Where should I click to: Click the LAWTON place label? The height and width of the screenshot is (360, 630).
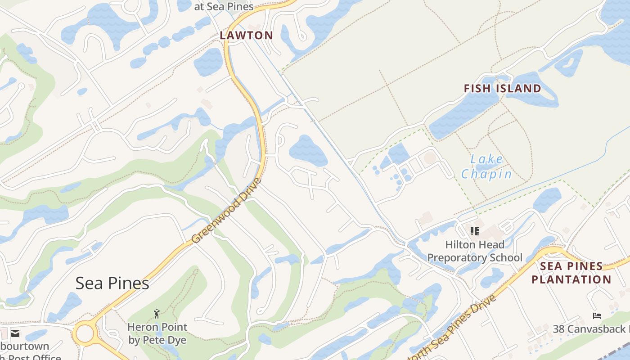[246, 36]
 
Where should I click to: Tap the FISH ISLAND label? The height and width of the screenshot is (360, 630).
[502, 88]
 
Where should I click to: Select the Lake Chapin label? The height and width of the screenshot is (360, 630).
[486, 166]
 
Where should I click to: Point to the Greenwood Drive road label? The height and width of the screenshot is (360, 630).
[226, 211]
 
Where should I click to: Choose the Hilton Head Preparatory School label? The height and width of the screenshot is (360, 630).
[475, 251]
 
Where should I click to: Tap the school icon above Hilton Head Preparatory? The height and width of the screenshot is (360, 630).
[474, 231]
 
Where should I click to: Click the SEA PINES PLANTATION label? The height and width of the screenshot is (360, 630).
[571, 273]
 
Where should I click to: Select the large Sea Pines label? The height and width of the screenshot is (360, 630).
[112, 283]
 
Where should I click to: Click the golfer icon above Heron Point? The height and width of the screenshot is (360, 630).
[157, 313]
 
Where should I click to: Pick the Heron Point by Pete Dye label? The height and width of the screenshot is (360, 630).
[157, 333]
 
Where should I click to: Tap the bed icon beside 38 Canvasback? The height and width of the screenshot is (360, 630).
[597, 316]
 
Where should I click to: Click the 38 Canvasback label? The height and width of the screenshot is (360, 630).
[591, 329]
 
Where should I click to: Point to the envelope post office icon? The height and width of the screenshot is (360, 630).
[15, 333]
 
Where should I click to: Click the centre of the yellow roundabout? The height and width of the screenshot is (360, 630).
[85, 334]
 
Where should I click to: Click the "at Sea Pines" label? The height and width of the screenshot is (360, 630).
[224, 7]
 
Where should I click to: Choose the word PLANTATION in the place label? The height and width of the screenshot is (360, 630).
[571, 279]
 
